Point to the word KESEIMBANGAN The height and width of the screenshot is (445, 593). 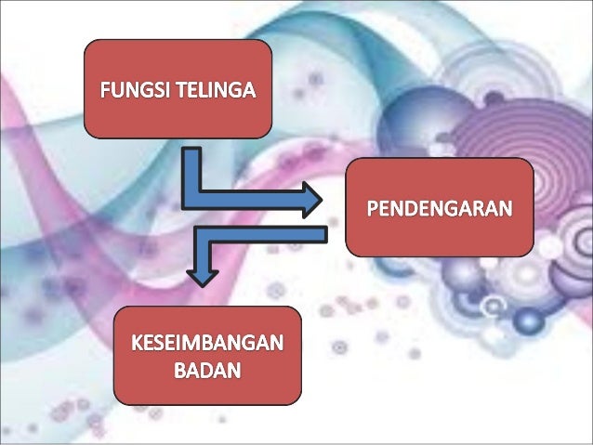point(208,345)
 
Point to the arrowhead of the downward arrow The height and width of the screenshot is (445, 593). point(197,276)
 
